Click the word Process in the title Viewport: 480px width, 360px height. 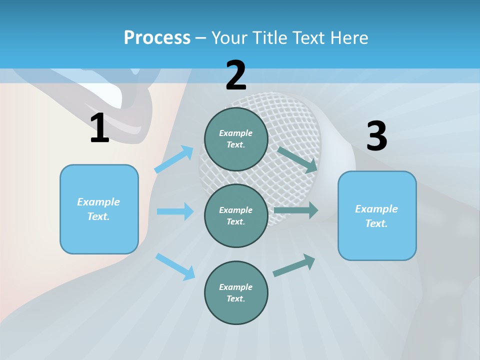(157, 38)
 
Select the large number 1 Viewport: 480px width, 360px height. (99, 128)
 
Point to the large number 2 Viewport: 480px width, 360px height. (236, 75)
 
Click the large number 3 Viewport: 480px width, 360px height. (376, 136)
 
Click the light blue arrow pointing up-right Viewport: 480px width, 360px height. (174, 159)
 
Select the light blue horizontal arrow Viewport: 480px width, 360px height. (175, 211)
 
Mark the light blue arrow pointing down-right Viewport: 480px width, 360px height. (175, 266)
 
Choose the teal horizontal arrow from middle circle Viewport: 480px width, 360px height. (296, 210)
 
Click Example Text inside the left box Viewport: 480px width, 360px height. (98, 209)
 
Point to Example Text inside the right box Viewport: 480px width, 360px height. (376, 216)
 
